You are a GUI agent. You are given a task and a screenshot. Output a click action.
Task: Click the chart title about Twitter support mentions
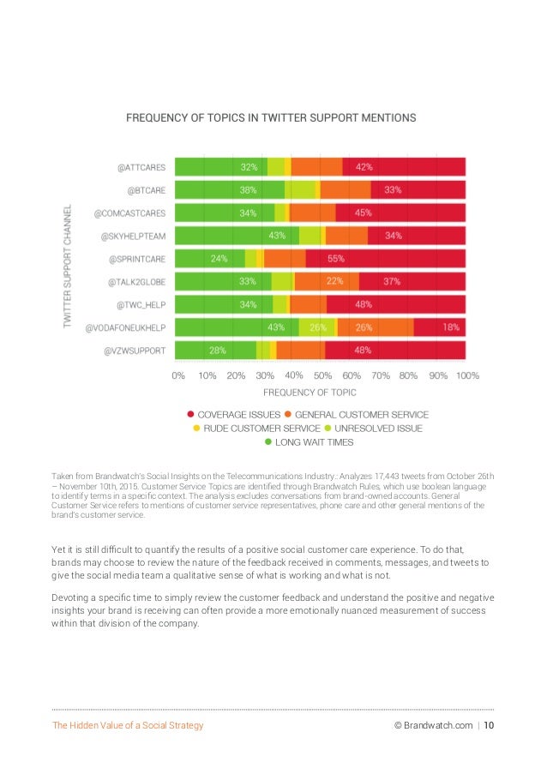point(272,116)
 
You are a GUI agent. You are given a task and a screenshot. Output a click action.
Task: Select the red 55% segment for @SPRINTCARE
point(385,258)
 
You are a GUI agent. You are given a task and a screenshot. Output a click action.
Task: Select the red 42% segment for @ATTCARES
point(403,166)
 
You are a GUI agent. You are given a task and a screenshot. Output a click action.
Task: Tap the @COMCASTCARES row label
point(129,213)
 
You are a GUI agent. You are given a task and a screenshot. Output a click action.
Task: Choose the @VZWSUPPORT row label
point(135,350)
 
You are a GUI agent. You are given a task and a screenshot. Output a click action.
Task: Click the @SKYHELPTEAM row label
point(133,235)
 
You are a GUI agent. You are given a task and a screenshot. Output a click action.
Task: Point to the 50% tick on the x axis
point(322,375)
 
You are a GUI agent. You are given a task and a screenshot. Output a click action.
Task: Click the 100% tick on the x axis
point(467,375)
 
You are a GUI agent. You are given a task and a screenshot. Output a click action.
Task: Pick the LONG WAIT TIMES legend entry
point(310,442)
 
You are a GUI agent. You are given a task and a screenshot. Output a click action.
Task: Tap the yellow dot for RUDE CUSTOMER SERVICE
point(196,428)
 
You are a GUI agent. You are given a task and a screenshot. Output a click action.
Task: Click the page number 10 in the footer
point(489,726)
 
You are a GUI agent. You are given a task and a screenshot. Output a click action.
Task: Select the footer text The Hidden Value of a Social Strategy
point(129,726)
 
